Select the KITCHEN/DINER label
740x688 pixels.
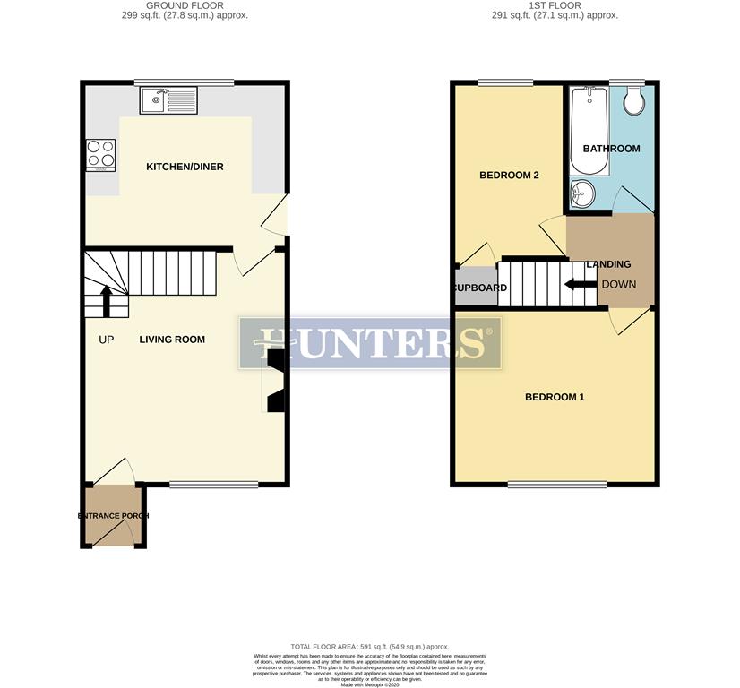tap(185, 167)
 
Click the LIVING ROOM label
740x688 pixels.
tap(172, 340)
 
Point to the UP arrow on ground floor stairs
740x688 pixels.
tap(107, 302)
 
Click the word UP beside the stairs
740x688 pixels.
tap(107, 340)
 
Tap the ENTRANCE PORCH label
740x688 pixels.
tap(113, 517)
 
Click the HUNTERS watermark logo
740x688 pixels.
tap(370, 342)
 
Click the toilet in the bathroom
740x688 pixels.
tap(634, 100)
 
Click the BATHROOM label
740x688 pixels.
tap(611, 149)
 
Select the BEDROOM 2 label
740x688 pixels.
tap(509, 176)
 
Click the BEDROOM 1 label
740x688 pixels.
tap(555, 397)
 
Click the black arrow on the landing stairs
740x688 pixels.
tap(580, 285)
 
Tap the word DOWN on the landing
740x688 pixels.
tap(618, 285)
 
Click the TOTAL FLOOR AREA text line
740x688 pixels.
tap(369, 647)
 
